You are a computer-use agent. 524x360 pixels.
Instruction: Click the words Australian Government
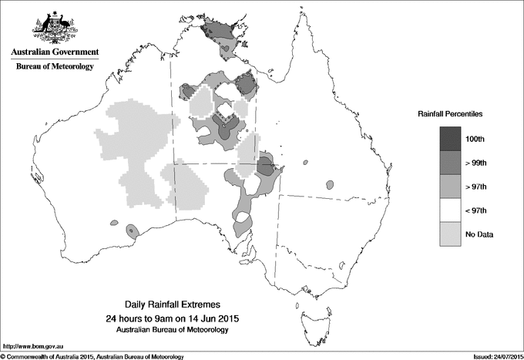(x=55, y=52)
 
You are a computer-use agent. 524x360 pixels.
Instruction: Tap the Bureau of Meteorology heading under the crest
(x=55, y=67)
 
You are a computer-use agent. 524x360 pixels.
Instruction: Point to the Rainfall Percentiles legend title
(x=450, y=113)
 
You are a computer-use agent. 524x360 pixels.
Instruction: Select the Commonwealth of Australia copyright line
(x=92, y=356)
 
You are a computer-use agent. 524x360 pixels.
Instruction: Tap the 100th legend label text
(x=475, y=139)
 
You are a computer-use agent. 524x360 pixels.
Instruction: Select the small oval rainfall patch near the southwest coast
(x=132, y=230)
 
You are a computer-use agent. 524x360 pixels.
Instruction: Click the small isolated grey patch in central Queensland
(x=330, y=185)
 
